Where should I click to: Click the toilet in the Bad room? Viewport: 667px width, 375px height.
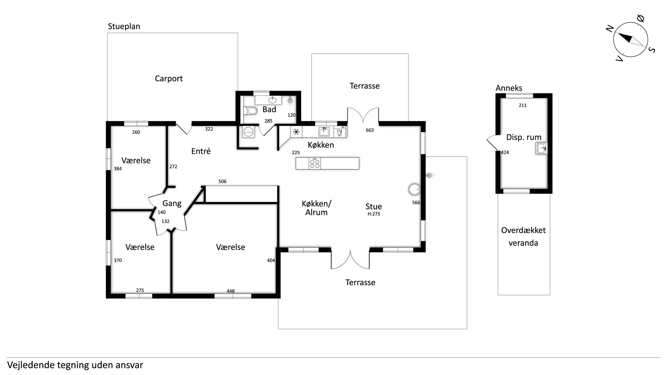250,111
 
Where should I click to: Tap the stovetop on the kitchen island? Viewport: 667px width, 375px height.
315,164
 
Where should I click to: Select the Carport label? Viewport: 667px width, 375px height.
169,79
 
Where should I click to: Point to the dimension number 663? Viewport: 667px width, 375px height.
370,130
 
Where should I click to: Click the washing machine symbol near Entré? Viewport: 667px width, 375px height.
248,132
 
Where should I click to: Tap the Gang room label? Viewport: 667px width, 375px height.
172,203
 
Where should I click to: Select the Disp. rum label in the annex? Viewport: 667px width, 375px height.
524,137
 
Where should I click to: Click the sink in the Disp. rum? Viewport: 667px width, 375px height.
541,149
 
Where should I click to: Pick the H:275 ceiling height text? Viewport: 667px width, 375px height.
374,214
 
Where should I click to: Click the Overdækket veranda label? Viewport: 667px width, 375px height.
524,236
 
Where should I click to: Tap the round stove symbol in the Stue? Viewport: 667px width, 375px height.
414,190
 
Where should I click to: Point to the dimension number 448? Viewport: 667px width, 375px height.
231,291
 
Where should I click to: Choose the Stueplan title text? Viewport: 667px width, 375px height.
124,26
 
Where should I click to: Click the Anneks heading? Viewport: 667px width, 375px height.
509,88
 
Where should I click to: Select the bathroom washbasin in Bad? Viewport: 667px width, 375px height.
273,100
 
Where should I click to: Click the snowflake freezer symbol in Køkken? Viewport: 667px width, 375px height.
296,132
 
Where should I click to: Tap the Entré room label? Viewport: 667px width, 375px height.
201,151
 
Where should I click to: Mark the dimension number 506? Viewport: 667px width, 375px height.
222,182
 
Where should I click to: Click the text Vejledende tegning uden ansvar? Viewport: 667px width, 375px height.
75,365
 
